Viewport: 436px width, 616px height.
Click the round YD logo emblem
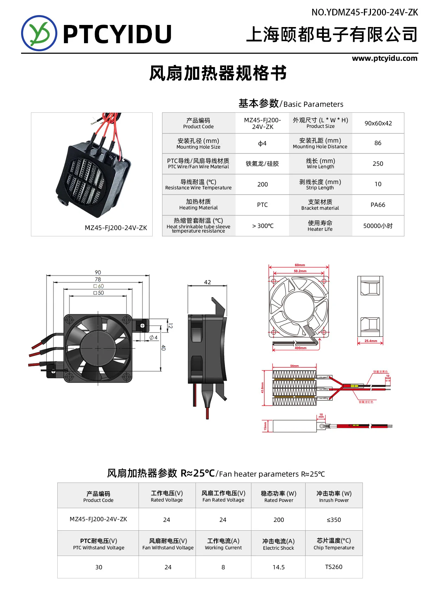click(39, 33)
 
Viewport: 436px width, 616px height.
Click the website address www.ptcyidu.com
click(385, 58)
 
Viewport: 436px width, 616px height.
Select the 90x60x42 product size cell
click(378, 123)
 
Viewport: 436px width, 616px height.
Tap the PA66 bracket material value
click(378, 205)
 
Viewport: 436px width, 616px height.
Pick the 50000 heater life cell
click(378, 226)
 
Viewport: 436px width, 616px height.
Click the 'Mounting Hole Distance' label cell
click(320, 143)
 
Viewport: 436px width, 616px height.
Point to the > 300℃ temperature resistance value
click(263, 226)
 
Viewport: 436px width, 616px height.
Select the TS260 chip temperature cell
click(334, 567)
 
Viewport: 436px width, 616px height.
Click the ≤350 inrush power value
click(334, 520)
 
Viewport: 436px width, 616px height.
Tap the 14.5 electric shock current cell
click(278, 567)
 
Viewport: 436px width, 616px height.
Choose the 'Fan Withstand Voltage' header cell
click(168, 544)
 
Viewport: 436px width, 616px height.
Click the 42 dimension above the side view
click(207, 282)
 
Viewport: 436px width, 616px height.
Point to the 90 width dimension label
click(98, 273)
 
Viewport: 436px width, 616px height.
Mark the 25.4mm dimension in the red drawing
click(371, 341)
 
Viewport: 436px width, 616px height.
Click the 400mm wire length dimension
click(300, 348)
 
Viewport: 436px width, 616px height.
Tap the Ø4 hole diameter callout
click(154, 338)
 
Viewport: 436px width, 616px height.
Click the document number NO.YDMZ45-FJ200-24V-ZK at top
click(365, 13)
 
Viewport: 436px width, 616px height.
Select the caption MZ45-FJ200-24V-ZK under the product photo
click(116, 228)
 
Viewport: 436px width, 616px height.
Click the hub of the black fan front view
click(97, 348)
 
